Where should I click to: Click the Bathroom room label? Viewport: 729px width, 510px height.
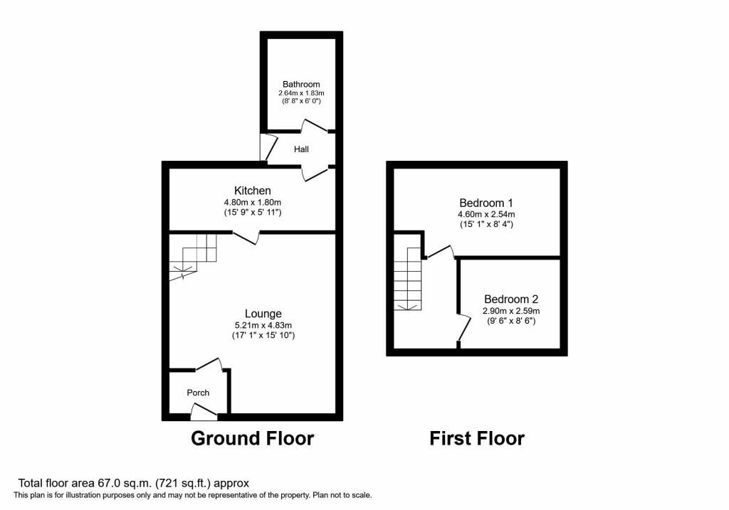pos(301,84)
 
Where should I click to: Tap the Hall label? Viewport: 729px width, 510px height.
pos(301,149)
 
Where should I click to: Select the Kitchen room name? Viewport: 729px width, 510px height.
pos(253,191)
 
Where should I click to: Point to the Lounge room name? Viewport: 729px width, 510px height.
pos(263,314)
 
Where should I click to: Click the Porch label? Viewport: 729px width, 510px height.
pos(198,393)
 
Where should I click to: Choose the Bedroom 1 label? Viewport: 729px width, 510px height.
pos(486,203)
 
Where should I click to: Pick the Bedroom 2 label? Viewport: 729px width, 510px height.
pos(511,299)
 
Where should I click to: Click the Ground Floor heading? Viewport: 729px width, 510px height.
pos(253,438)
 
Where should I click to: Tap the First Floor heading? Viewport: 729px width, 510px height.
pos(477,438)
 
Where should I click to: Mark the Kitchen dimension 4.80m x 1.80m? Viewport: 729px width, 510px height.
pos(253,203)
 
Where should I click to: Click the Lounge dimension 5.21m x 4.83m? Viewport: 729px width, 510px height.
pos(263,326)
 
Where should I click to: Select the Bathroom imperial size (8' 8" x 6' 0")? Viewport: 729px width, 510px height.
pos(301,101)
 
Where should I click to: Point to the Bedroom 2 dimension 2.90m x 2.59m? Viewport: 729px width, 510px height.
pos(511,311)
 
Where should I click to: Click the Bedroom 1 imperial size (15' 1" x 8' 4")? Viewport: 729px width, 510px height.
pos(486,224)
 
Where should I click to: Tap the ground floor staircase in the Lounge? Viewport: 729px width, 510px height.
pos(192,257)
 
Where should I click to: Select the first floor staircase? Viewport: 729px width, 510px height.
pos(408,279)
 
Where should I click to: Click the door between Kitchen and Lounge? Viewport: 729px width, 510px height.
pos(246,238)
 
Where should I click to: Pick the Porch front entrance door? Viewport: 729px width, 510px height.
pos(204,412)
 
